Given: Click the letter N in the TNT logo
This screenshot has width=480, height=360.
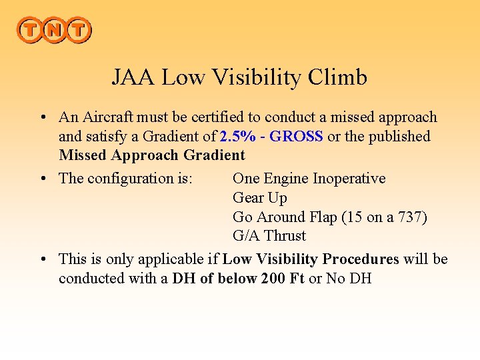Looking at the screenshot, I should coord(53,30).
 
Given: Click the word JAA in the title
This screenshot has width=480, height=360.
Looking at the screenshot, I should coord(133,77).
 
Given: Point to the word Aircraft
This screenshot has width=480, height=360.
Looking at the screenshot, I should coord(107,117).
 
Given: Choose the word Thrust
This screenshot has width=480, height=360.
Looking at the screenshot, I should coord(285,236).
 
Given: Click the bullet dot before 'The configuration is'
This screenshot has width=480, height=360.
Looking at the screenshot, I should coord(42,179).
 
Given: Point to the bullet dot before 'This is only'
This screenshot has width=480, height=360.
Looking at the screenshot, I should coord(42,259).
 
